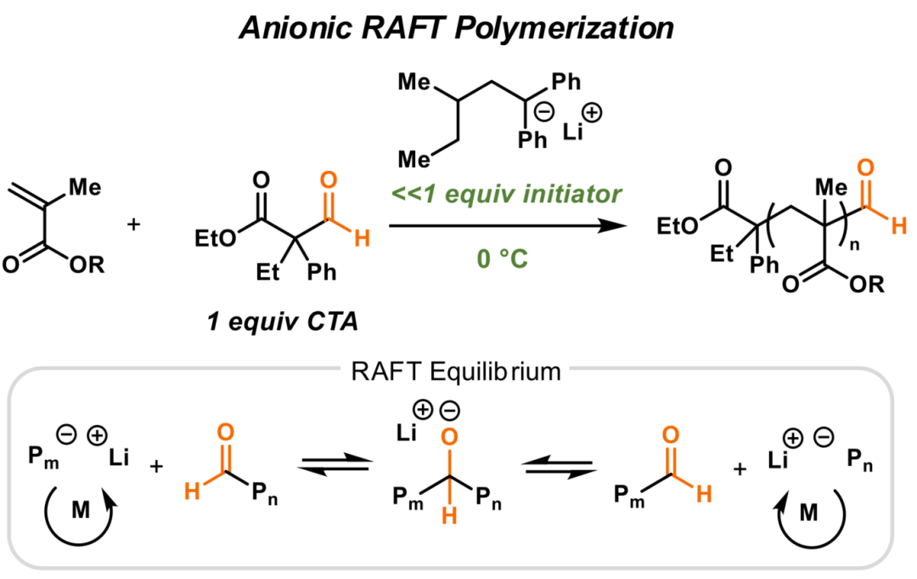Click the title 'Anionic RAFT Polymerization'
click(457, 29)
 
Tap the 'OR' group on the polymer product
click(866, 287)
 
